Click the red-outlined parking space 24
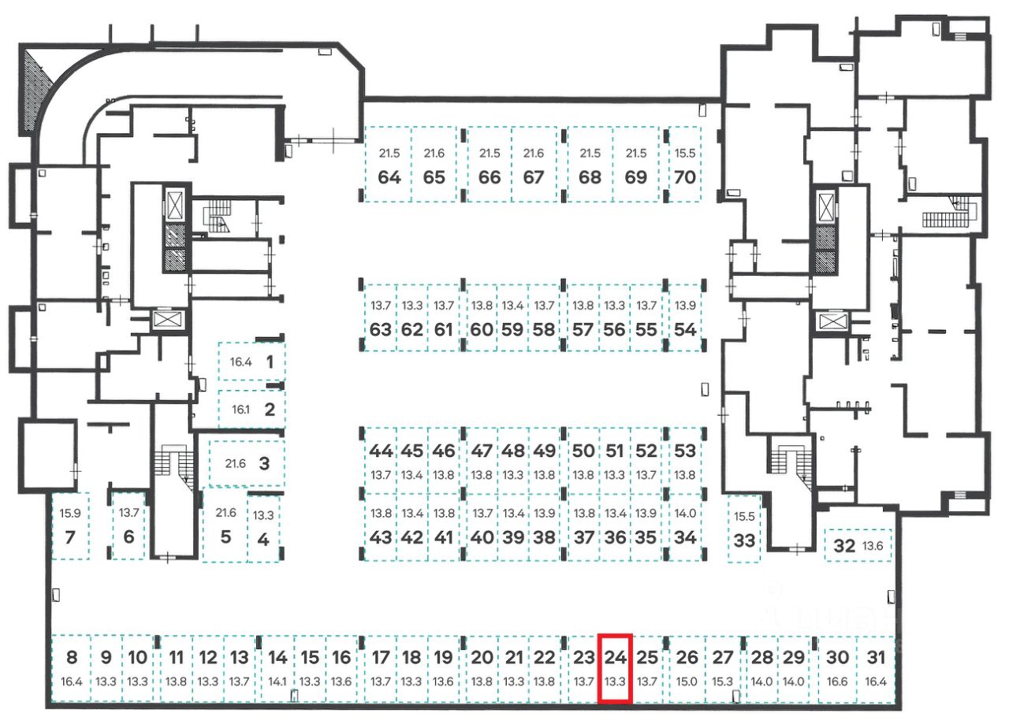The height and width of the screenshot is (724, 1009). pos(616,667)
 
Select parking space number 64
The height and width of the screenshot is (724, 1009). pos(389,176)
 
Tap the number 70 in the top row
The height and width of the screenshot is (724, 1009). pos(685,176)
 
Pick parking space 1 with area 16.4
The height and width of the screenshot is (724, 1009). pos(270,362)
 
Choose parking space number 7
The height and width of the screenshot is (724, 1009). pos(69,538)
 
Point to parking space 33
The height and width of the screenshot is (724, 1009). pos(743,541)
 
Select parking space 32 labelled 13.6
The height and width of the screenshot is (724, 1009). pos(844,545)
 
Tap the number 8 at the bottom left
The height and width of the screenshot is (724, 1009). pos(71,657)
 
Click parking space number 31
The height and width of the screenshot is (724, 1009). pos(876,657)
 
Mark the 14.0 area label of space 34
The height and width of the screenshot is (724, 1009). pos(685,514)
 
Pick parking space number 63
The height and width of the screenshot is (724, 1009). pos(381,329)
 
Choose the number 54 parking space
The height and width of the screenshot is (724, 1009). pos(685,329)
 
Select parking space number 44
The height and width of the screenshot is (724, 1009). pos(381,451)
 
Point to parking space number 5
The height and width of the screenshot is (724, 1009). pos(225,537)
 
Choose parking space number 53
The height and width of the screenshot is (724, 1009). pos(685,451)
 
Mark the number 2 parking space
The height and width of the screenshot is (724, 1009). pos(270,409)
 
